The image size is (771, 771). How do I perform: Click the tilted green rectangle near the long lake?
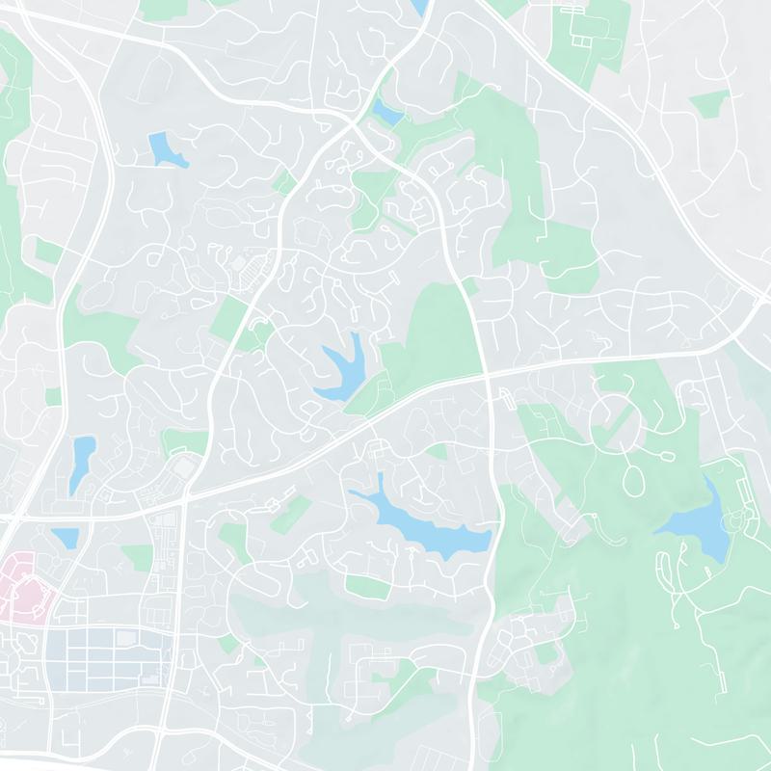[x=289, y=513]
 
